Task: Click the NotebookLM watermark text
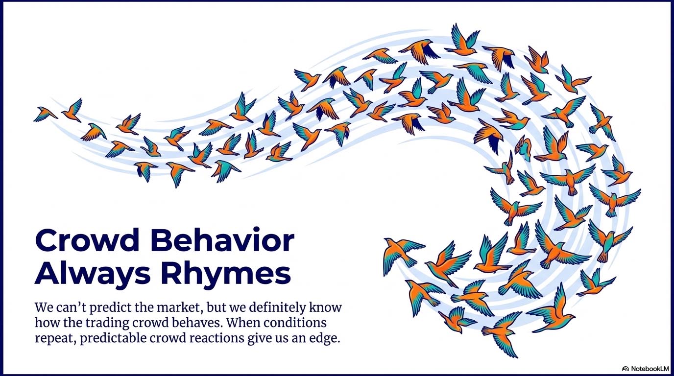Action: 650,369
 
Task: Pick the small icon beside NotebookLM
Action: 626,369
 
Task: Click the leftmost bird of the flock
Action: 45,114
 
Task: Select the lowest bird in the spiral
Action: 502,334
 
